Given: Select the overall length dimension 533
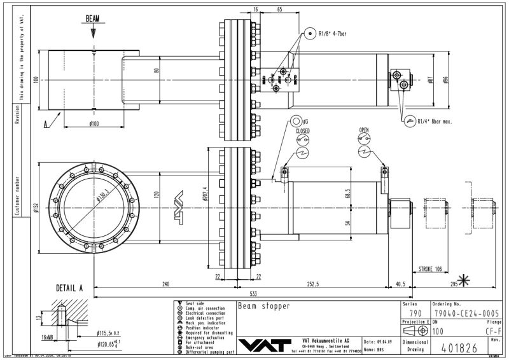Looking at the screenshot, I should [253, 293].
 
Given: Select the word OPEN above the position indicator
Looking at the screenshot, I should [364, 130].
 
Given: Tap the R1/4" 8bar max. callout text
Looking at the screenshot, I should [435, 121].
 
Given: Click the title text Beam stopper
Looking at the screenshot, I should [263, 306].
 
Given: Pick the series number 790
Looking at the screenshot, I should [415, 313].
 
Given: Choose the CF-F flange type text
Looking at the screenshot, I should [493, 331].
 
